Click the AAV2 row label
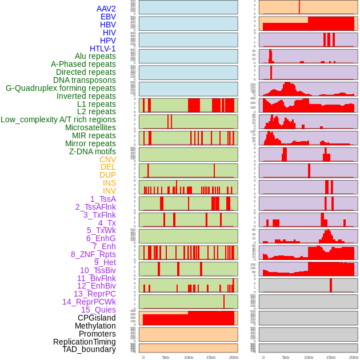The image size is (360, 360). tap(106, 9)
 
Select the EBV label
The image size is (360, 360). tap(108, 17)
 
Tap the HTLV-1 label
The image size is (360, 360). tap(103, 49)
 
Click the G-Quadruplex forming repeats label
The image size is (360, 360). tap(61, 88)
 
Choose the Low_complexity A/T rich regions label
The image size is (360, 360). tap(58, 119)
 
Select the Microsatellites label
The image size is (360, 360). tap(90, 127)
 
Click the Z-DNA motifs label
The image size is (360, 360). tap(92, 151)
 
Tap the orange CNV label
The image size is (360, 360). tap(107, 159)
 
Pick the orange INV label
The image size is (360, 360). tap(109, 191)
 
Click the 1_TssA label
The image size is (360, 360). tap(103, 199)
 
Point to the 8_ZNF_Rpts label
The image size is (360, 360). tap(93, 254)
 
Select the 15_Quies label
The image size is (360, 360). tap(98, 310)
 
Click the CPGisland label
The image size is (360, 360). tap(97, 318)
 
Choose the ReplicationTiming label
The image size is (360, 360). tap(85, 342)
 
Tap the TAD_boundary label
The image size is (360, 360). tap(89, 349)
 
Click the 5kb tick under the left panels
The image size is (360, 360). tap(166, 357)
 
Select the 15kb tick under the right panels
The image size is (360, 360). tap(331, 357)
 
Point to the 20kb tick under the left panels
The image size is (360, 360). tap(234, 357)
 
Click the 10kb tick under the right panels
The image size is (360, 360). tap(309, 357)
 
